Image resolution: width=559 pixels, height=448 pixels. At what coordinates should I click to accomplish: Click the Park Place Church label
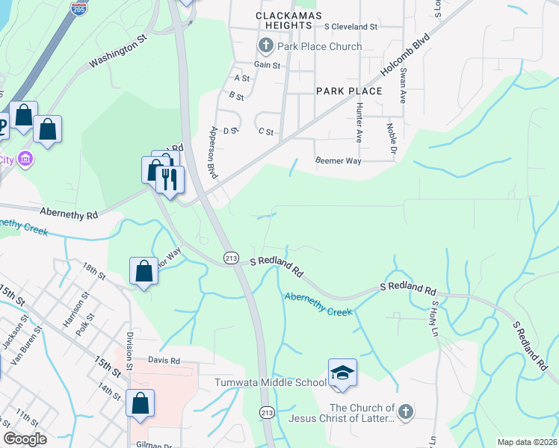pos(319,46)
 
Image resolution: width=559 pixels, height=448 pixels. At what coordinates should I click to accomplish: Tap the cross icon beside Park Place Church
pos(265,46)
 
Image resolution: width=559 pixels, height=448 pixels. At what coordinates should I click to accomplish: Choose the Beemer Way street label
pos(338,161)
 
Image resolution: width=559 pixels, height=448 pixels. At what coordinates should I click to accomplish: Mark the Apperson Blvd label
pos(214,152)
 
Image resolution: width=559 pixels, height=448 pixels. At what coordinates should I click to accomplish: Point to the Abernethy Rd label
pos(70,214)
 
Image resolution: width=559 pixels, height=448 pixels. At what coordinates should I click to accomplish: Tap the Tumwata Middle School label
pos(270,383)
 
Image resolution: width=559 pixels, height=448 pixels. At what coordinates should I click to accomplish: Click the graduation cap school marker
pos(342,373)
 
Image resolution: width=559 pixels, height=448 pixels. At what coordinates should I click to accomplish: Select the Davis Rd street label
pos(164,360)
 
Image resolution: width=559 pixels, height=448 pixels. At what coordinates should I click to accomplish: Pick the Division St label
pos(129,352)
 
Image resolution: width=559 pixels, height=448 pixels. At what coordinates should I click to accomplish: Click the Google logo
pos(25,439)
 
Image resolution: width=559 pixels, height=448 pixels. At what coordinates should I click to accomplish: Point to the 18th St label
pos(94,270)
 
